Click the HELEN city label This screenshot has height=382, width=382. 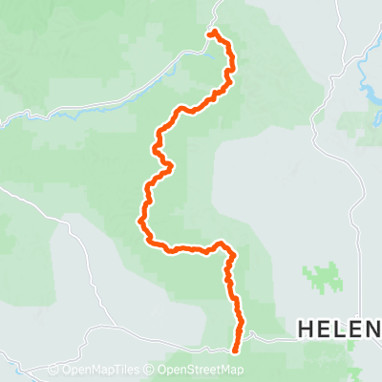(x=339, y=329)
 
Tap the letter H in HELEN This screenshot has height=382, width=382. (x=307, y=329)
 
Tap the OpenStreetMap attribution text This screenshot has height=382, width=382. (x=199, y=370)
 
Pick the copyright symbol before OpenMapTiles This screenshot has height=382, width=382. (x=53, y=370)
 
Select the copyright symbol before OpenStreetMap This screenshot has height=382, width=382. (x=150, y=370)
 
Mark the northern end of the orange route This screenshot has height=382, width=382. (x=210, y=33)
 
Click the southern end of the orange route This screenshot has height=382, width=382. (x=236, y=350)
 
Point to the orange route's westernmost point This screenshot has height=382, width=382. (x=140, y=222)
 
